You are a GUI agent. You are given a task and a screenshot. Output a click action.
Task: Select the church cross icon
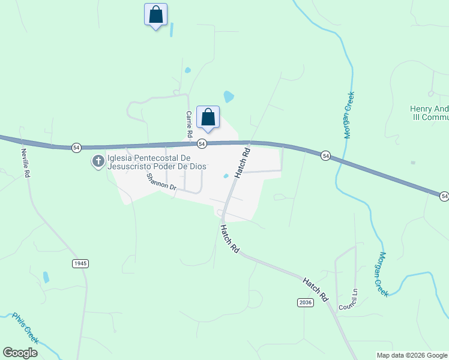pos(97,161)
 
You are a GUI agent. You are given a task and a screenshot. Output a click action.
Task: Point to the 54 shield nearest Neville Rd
pos(76,147)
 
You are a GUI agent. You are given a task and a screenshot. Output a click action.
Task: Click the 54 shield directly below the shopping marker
pos(202,143)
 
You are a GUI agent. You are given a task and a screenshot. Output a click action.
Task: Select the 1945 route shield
pos(80,263)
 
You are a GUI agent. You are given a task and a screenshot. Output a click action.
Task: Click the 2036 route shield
pos(305,302)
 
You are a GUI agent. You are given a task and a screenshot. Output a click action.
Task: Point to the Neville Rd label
pos(25,163)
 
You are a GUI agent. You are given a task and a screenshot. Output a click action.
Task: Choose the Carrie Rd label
pos(188,122)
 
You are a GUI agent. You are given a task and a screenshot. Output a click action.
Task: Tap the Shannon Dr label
pos(161,181)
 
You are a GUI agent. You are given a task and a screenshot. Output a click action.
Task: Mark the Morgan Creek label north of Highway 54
pos(348,115)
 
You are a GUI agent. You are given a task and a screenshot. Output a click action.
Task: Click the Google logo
pos(20,353)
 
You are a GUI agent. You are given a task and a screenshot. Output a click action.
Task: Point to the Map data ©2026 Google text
pos(412,355)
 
